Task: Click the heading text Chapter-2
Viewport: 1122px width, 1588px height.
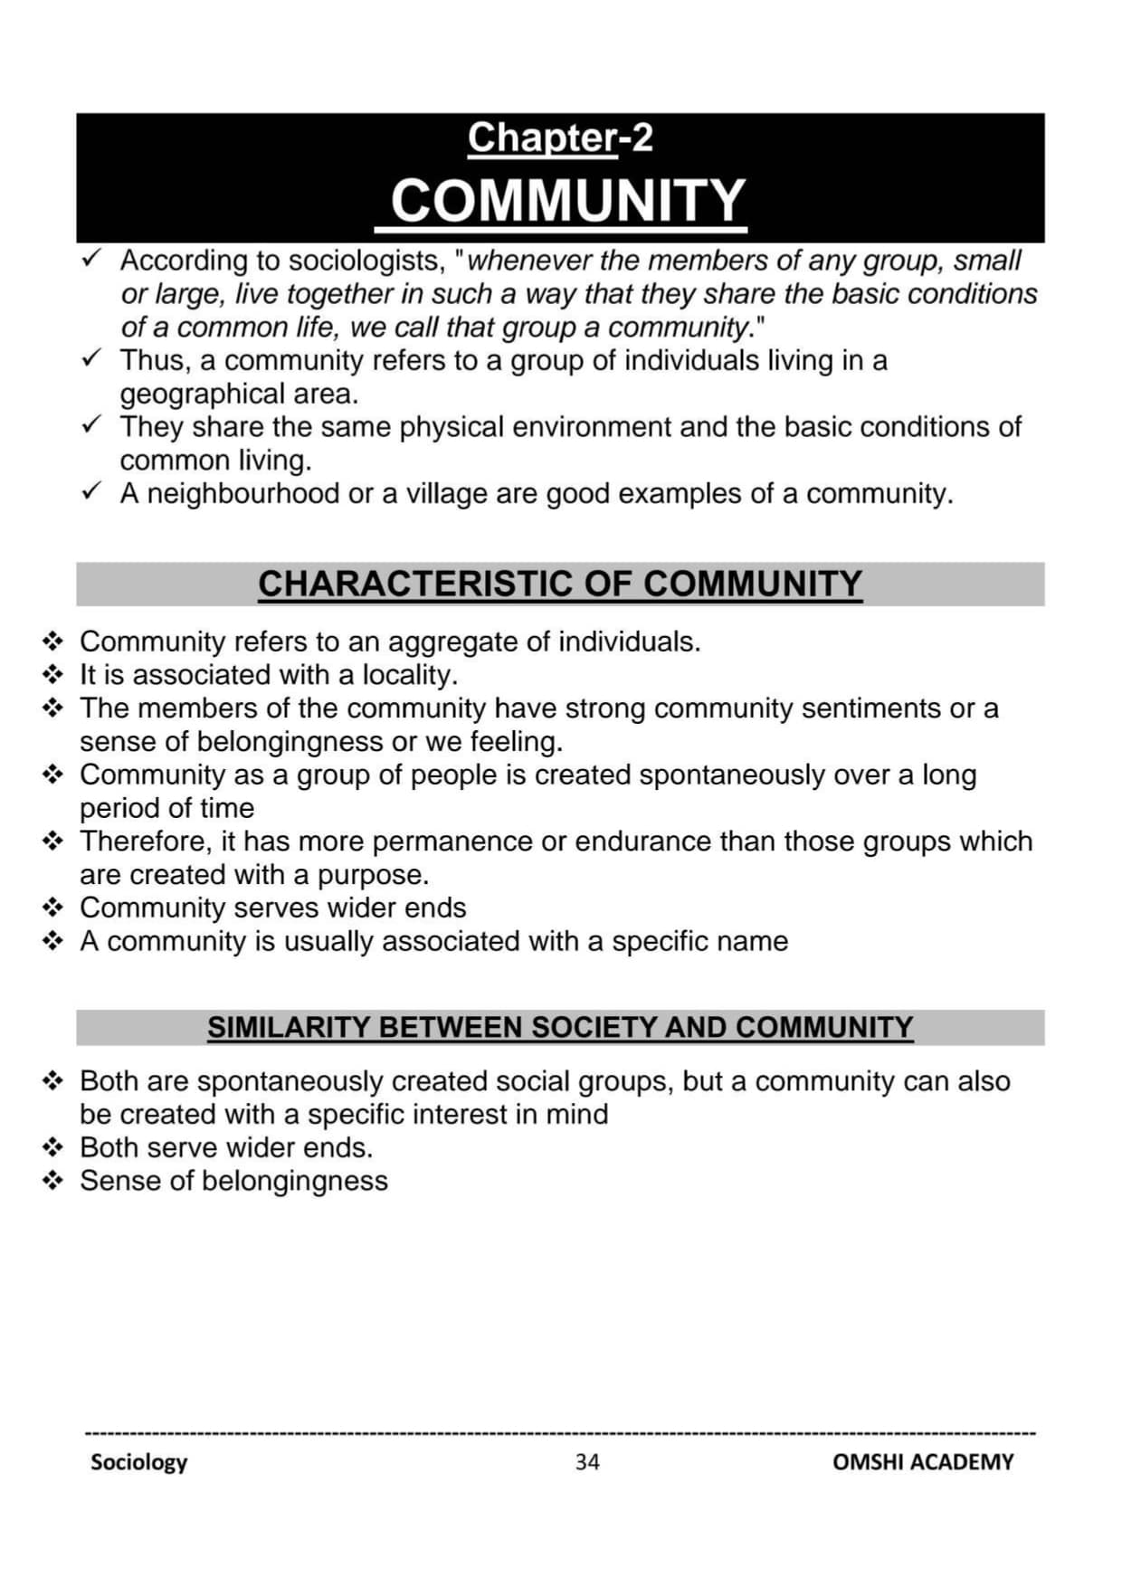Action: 560,138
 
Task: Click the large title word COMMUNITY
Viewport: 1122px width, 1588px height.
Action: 567,200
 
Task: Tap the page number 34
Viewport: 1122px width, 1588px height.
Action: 586,1461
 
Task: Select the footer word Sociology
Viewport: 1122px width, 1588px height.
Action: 138,1462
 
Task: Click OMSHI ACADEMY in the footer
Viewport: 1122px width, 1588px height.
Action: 922,1461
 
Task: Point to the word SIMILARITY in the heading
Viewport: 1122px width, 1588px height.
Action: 289,1027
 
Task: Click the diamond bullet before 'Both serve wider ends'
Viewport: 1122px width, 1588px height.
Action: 53,1148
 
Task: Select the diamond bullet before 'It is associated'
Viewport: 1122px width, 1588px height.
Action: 53,675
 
